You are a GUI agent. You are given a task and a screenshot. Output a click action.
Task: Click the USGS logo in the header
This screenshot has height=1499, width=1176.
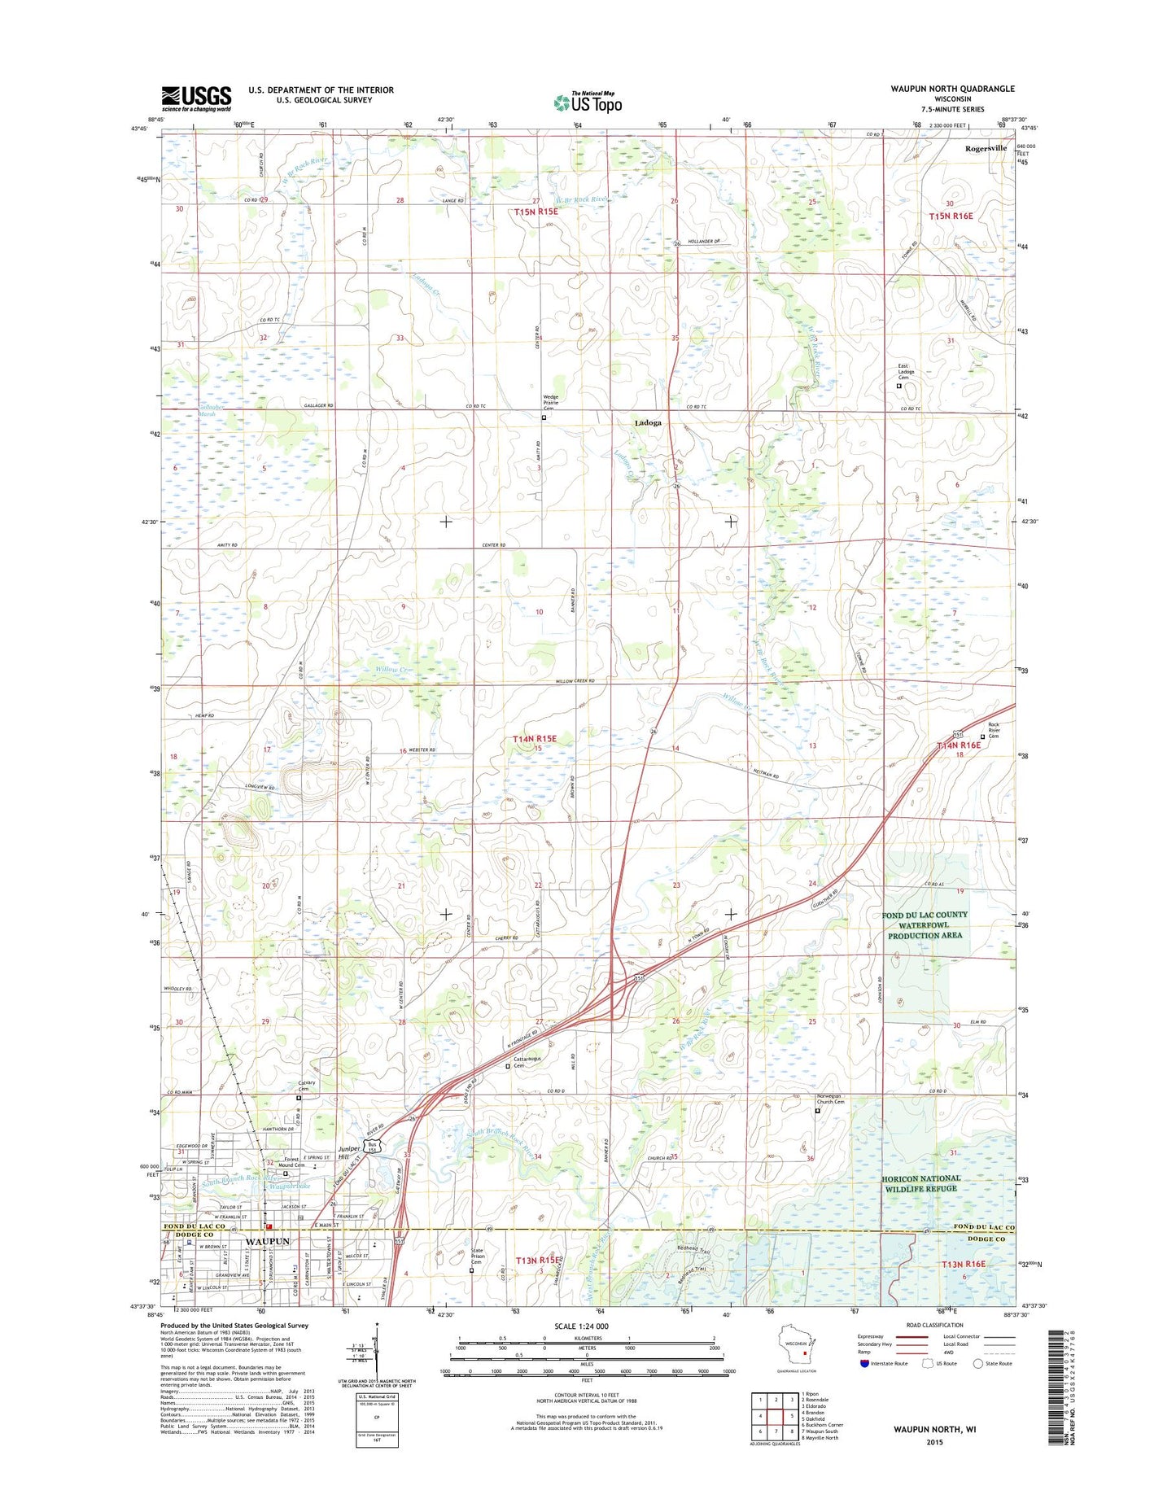(195, 98)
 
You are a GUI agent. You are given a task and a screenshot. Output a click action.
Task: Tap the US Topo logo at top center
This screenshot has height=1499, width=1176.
(588, 102)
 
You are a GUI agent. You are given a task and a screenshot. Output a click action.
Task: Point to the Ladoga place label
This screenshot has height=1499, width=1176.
(648, 423)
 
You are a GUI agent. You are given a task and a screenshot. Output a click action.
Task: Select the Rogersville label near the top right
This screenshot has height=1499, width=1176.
(986, 148)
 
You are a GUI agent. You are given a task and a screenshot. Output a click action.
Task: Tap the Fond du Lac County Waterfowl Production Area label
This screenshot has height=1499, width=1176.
(925, 925)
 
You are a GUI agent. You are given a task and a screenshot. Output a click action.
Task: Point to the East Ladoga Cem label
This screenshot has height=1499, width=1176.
(906, 372)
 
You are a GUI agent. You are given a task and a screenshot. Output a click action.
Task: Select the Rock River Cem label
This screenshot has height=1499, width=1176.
(998, 730)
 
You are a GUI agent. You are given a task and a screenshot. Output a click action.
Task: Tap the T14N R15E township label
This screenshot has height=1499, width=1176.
(535, 739)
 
